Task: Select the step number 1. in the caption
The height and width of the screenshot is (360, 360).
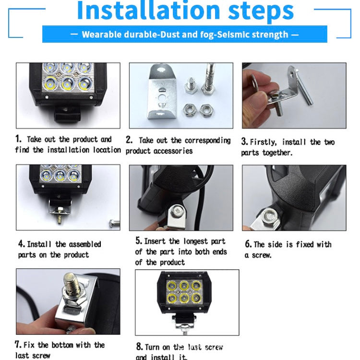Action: pos(18,139)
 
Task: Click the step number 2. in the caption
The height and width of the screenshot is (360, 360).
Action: pos(129,140)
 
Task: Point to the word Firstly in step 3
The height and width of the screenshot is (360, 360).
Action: pos(263,142)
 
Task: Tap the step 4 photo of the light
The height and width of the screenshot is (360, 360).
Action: pos(68,197)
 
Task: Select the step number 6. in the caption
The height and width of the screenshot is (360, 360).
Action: pos(248,244)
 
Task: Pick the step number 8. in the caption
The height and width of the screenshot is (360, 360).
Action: pos(139,347)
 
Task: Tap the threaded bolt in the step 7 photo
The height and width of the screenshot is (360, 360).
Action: pos(71,286)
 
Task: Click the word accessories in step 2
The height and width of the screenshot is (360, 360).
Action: pos(174,151)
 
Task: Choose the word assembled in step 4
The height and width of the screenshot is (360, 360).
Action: pos(81,244)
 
